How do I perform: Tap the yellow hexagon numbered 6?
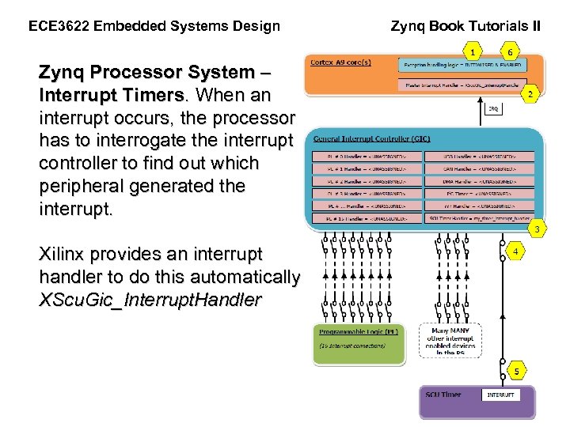tap(511, 52)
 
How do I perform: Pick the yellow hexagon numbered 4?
tap(515, 252)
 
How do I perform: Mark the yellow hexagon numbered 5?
tap(515, 370)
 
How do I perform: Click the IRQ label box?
tap(492, 109)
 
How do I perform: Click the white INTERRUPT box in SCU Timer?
tap(500, 395)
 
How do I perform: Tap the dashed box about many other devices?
tap(450, 340)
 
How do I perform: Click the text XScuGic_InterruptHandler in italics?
tap(150, 300)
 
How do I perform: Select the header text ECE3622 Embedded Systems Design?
tap(154, 26)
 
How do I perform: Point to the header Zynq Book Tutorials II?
tap(465, 25)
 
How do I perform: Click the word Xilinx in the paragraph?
tap(62, 254)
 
